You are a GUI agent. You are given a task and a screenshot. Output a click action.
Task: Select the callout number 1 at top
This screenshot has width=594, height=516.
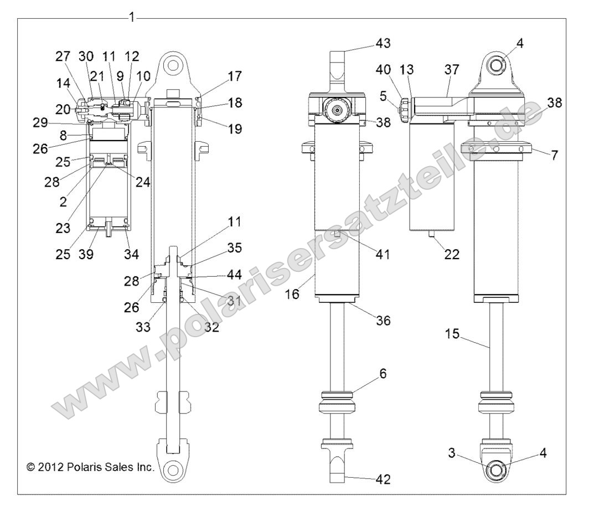(x=131, y=17)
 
